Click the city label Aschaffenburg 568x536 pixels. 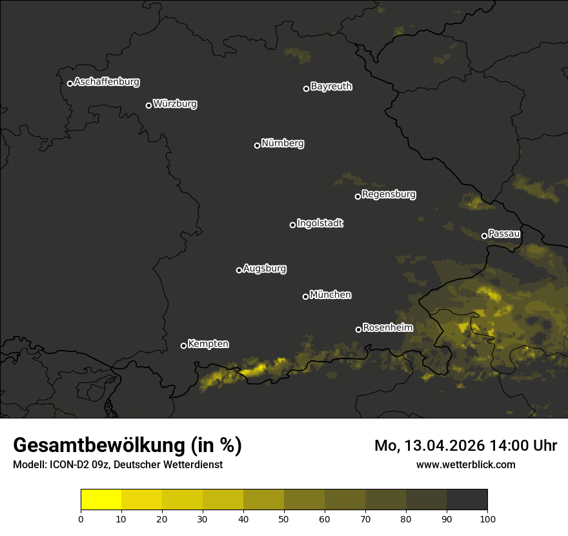click(107, 82)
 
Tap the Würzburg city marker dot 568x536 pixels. click(148, 105)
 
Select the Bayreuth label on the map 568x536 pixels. click(331, 87)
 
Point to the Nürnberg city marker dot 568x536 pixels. click(257, 145)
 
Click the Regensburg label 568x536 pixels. click(389, 194)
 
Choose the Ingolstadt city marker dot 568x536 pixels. click(292, 225)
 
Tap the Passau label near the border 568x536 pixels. click(504, 234)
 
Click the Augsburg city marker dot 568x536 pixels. click(239, 270)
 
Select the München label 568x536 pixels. click(330, 295)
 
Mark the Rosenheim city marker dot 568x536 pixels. click(358, 329)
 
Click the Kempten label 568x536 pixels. click(208, 344)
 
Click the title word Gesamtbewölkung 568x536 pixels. click(101, 446)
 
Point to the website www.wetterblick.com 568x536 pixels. click(465, 464)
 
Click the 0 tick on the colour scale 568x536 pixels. click(81, 519)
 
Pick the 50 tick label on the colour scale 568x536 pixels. click(284, 519)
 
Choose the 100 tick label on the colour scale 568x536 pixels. click(487, 519)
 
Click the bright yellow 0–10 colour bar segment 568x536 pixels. click(101, 500)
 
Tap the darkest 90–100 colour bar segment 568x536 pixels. click(467, 500)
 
